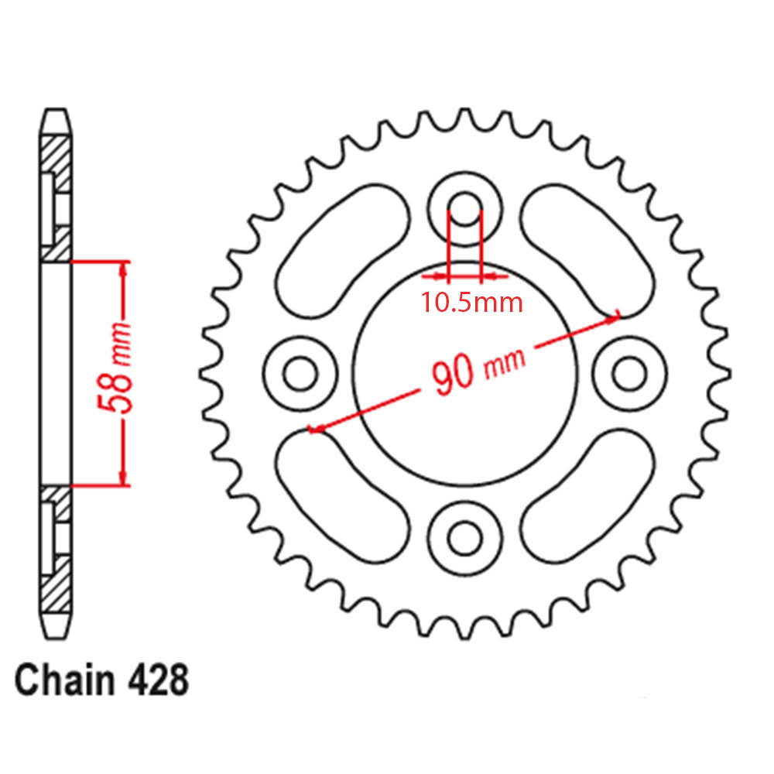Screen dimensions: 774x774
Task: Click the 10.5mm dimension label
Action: point(471,302)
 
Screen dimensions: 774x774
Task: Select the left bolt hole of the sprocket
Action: point(300,374)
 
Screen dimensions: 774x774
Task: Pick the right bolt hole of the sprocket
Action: point(628,374)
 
